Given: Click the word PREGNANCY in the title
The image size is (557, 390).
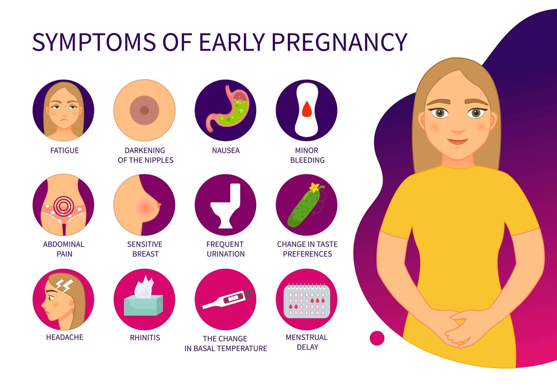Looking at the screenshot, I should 339,42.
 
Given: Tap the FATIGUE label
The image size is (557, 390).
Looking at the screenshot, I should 64,151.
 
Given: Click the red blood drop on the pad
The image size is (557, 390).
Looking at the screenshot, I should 307,109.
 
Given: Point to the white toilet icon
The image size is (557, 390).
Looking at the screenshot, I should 226,206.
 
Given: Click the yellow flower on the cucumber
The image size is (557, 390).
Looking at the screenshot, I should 315,188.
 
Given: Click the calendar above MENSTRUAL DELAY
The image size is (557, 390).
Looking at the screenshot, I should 306,300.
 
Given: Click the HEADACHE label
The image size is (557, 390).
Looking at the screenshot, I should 64,337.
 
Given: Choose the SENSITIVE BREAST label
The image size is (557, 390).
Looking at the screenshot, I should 145,249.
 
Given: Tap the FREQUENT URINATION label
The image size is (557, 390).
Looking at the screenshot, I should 225,249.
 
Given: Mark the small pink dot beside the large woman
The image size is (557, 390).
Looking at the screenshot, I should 377,338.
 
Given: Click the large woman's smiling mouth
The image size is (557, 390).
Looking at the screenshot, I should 457,142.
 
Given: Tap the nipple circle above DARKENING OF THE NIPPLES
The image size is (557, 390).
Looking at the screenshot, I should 144,110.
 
